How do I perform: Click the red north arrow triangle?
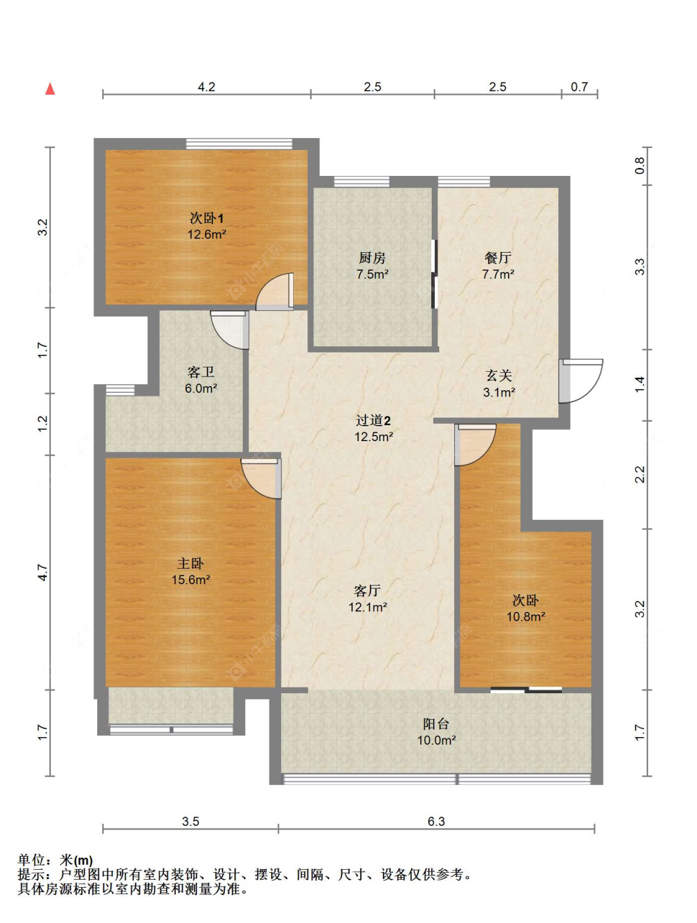click(50, 89)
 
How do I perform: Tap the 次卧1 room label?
click(206, 218)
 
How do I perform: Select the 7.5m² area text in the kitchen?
click(372, 274)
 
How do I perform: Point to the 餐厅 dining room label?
click(498, 257)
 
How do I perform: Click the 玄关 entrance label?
click(499, 375)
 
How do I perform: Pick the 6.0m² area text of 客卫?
click(201, 388)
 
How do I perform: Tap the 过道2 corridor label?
click(374, 420)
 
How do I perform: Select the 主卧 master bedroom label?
click(190, 563)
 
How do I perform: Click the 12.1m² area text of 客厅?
click(367, 607)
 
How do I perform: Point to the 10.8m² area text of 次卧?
click(525, 616)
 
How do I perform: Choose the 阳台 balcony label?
click(436, 724)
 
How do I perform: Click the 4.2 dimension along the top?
click(206, 87)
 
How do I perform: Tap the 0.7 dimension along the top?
click(579, 87)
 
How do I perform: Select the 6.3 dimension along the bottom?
click(436, 821)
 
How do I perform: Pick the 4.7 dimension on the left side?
click(43, 572)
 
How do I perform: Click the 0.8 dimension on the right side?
click(639, 165)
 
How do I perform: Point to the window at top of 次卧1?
click(239, 144)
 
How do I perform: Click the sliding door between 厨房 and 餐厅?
click(435, 274)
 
